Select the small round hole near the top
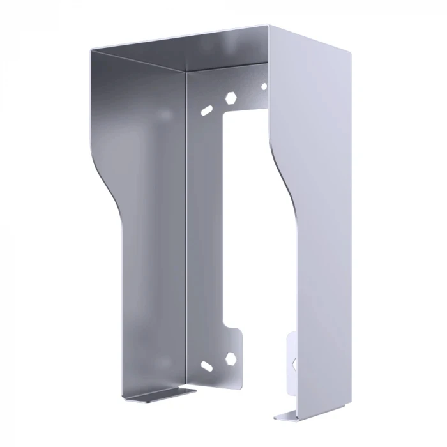(264, 86)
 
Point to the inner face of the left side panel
(147, 223)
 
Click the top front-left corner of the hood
(91, 49)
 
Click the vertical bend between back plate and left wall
(186, 223)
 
